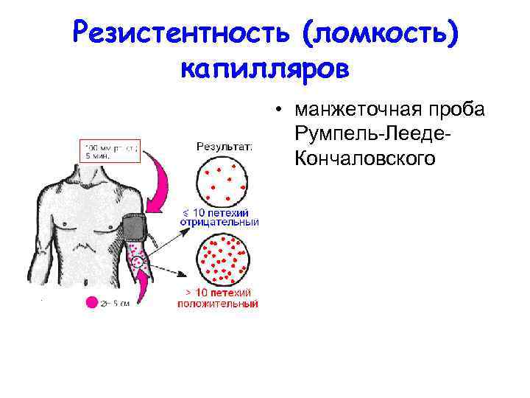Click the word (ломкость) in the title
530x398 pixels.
click(382, 32)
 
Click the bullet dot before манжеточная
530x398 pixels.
click(280, 111)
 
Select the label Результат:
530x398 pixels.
click(225, 146)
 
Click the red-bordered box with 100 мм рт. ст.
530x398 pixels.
click(109, 151)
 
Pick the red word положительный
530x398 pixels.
click(217, 303)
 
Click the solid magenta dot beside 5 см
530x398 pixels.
click(92, 301)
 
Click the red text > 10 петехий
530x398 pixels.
click(219, 293)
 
